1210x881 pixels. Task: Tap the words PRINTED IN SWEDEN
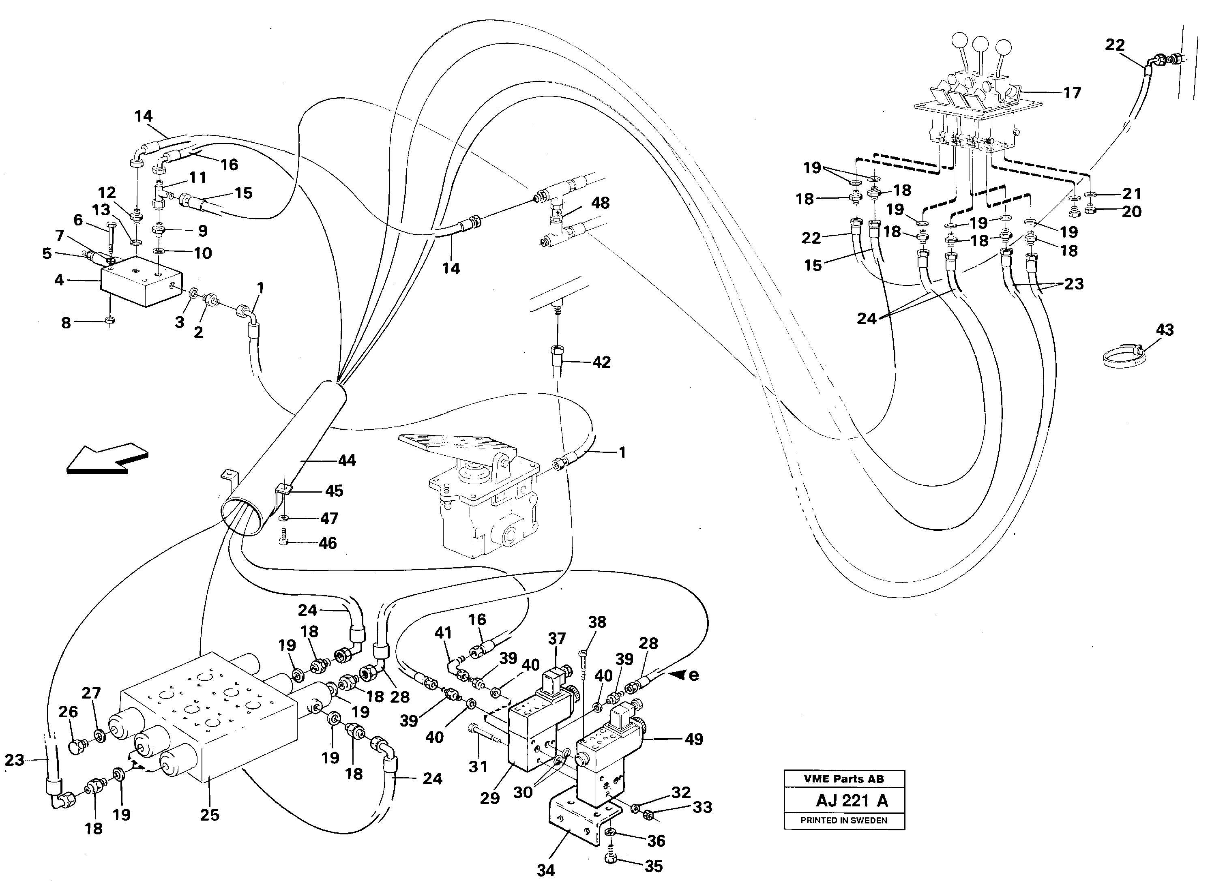[844, 821]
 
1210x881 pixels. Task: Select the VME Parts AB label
[844, 778]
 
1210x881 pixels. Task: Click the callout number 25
[210, 815]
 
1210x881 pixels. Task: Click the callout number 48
[600, 203]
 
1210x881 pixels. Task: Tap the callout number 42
[601, 362]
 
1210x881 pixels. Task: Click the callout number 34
[545, 870]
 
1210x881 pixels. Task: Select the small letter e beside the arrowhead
[693, 675]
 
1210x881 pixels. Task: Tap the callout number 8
[66, 323]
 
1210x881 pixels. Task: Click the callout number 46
[328, 543]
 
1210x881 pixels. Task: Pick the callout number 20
[1131, 212]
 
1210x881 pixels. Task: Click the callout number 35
[654, 866]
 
